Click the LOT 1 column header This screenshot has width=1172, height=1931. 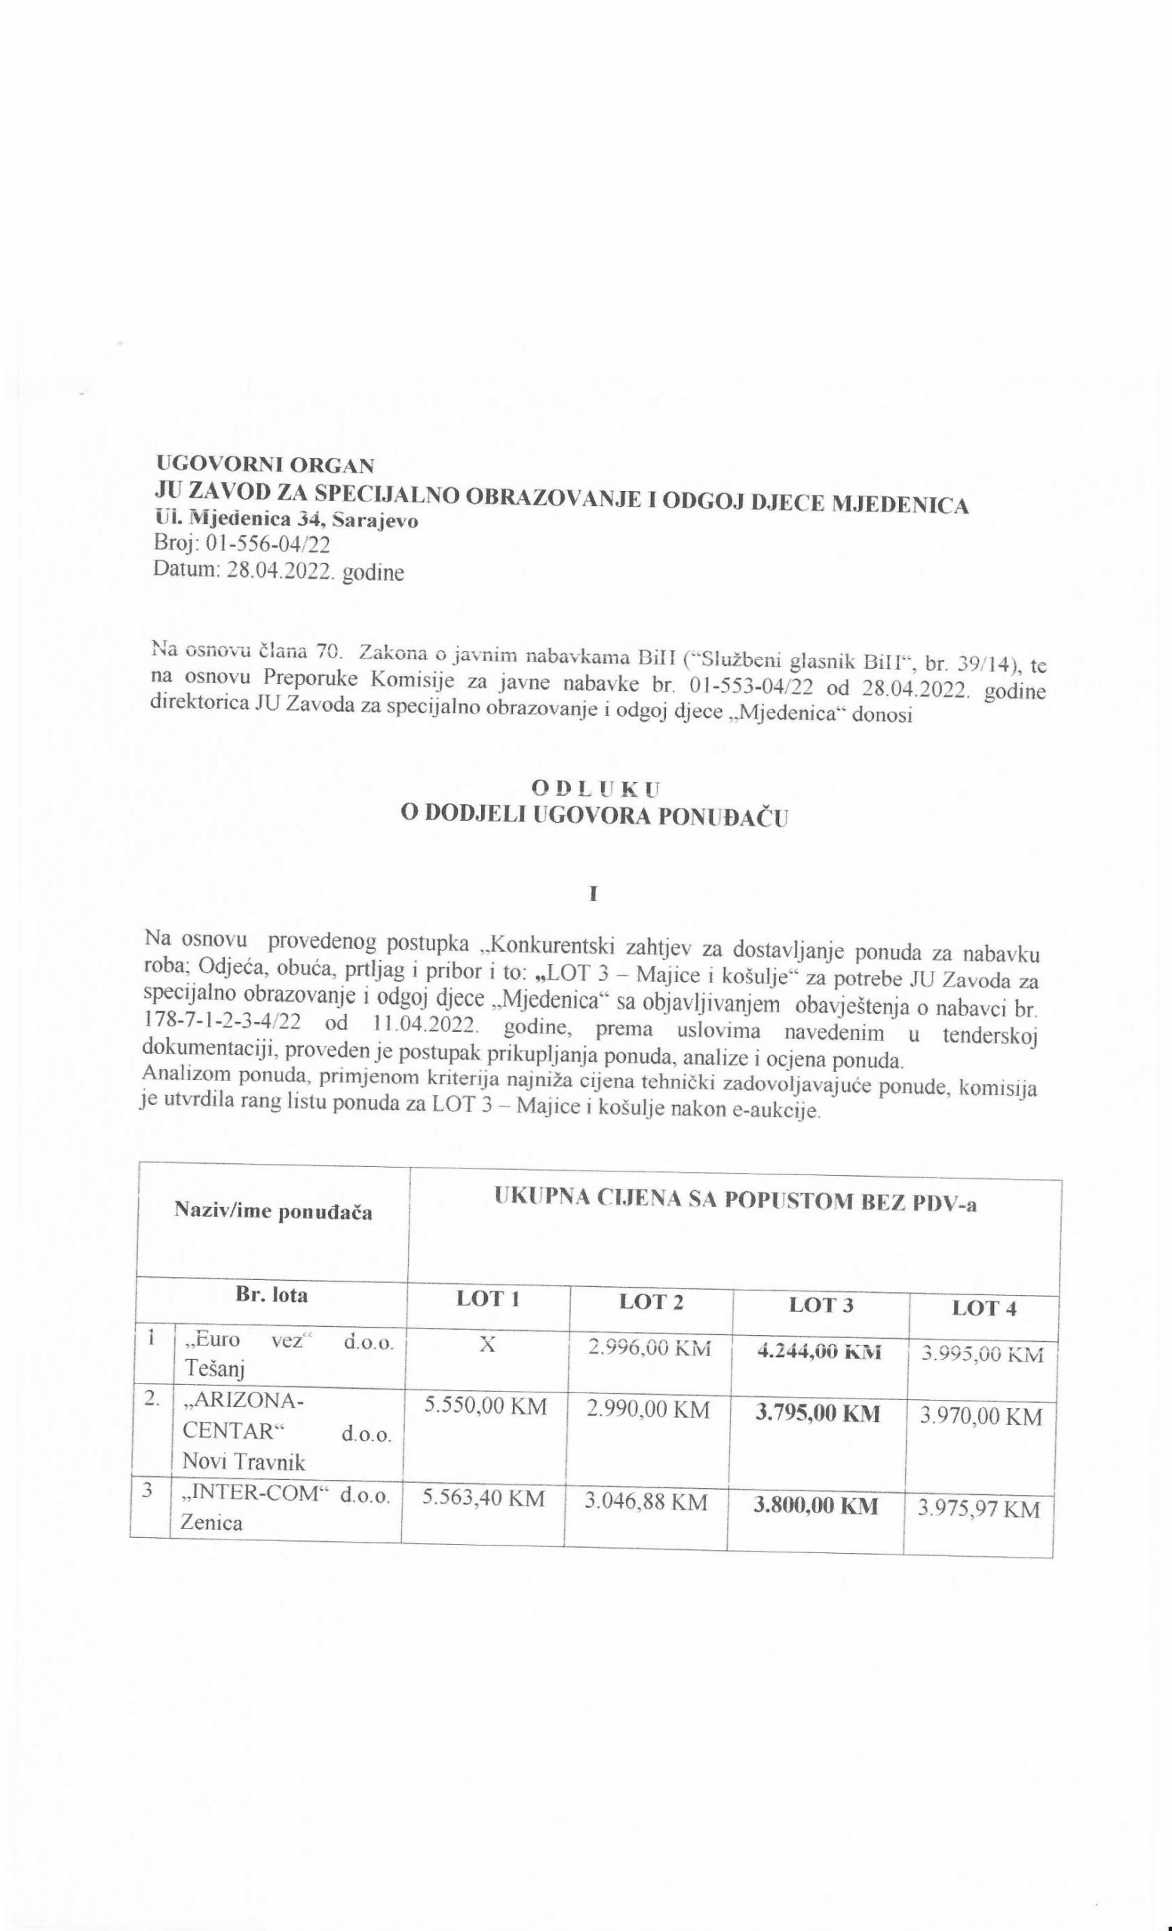pos(488,1299)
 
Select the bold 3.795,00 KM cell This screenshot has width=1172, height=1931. pos(816,1413)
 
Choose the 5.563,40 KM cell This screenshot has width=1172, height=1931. pos(483,1498)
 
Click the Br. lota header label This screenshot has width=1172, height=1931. pos(271,1294)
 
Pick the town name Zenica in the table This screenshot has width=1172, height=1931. pos(211,1522)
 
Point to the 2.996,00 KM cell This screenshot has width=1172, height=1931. pos(649,1348)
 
